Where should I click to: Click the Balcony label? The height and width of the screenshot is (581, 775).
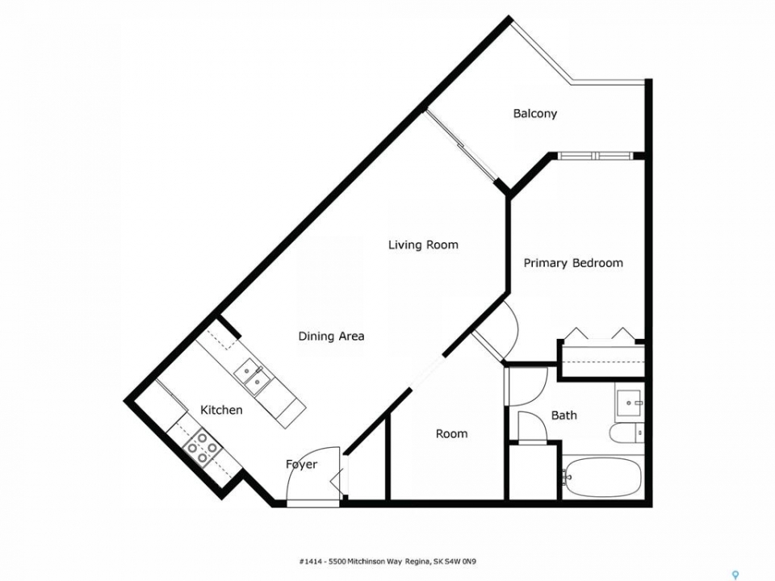point(534,114)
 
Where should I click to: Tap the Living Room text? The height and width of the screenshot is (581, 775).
point(423,245)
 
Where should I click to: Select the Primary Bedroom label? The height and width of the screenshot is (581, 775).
point(573,263)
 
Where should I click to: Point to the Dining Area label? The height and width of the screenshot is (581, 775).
point(331,336)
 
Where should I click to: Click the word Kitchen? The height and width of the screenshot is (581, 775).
point(221,410)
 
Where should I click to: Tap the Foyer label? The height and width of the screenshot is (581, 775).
point(301,465)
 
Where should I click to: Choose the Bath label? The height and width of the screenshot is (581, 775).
point(564,415)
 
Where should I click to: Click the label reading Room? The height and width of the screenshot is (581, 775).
point(452,434)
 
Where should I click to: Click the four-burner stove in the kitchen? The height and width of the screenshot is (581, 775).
point(202,448)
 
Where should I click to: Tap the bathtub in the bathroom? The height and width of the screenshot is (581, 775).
point(602,478)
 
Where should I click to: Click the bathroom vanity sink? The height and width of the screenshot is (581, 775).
point(629,402)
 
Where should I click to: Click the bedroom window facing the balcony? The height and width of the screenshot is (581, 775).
point(596,156)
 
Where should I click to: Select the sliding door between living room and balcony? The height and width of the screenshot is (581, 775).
point(461,146)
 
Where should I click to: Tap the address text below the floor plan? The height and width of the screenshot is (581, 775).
point(387,562)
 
